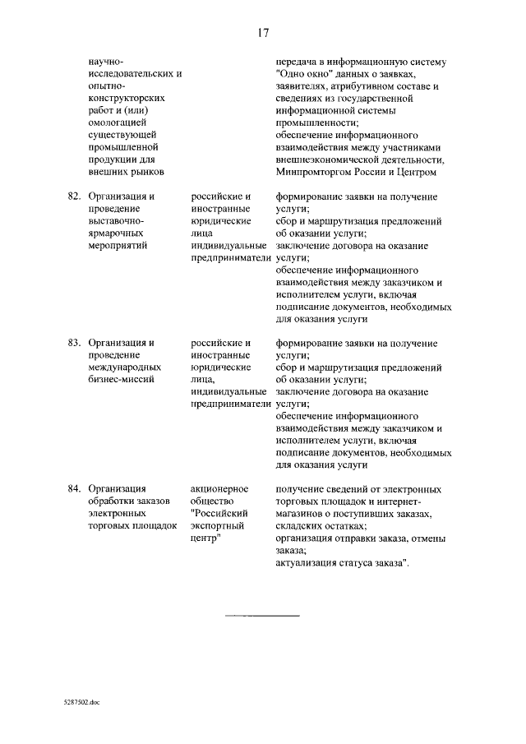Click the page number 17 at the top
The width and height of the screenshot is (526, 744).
(x=263, y=33)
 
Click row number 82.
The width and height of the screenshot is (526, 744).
(x=73, y=197)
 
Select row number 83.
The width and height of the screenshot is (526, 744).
(x=73, y=343)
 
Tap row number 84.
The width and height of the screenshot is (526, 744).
(x=73, y=488)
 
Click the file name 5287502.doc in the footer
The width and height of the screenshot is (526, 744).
(x=81, y=704)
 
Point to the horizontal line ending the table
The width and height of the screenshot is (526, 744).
(x=262, y=615)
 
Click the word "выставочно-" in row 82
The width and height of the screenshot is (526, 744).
(x=116, y=222)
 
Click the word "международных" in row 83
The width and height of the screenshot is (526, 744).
(x=123, y=367)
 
